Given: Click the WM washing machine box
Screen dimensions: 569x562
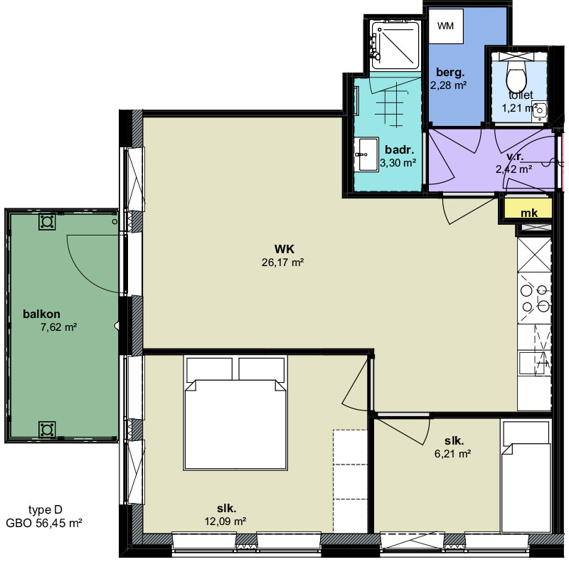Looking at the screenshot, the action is point(446,26).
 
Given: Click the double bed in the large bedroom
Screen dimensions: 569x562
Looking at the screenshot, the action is point(235,413).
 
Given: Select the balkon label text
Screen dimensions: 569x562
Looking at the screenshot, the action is point(41,314).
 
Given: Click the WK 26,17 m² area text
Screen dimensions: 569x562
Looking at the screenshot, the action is point(283,255).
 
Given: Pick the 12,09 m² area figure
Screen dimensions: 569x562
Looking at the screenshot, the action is point(225,521).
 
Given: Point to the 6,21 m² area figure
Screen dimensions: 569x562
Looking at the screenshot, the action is point(452,453).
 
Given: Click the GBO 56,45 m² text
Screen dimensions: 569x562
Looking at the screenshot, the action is point(44,523).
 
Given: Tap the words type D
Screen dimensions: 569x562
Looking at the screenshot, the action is point(46,510).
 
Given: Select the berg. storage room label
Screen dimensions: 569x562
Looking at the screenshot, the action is point(450,73).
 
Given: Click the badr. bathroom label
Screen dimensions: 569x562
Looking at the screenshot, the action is point(399,149).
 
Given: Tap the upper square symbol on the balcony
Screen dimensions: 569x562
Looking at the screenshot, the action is point(47,221).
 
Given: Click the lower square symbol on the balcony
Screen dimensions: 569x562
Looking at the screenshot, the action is point(47,430).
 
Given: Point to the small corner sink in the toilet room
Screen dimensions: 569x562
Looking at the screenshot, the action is point(540,110).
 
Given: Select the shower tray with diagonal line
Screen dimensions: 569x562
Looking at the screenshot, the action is point(395,45).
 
